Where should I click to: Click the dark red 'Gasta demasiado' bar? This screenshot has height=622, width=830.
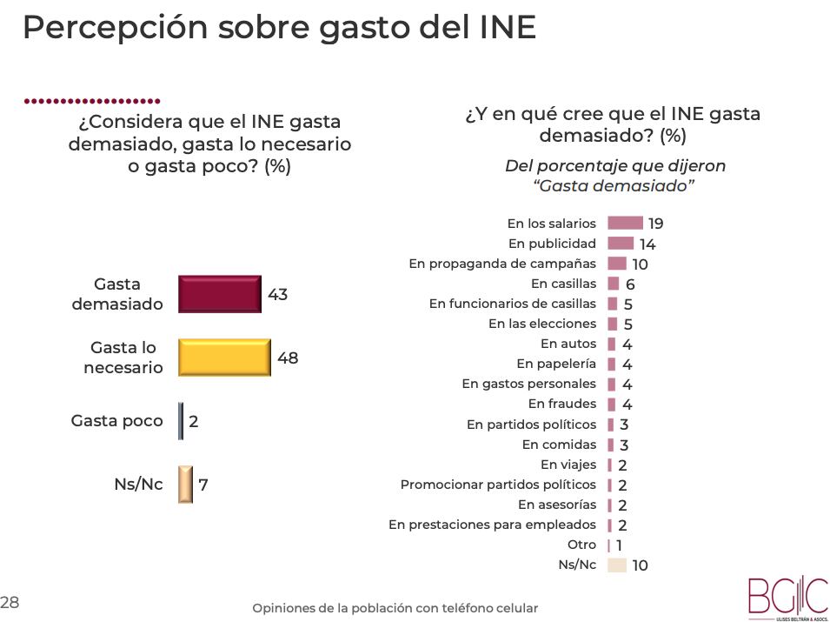point(219,294)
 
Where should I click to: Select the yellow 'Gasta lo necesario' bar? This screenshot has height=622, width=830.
point(224,357)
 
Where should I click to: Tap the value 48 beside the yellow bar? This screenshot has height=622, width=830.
point(288,358)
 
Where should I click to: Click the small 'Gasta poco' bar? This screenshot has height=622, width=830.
point(181,421)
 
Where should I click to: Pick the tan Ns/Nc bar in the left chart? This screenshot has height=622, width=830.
point(185,485)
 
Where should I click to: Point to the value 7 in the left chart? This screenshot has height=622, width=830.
point(203,485)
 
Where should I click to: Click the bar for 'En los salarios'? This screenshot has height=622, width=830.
point(625,224)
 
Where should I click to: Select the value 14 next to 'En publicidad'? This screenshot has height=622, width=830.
point(647,244)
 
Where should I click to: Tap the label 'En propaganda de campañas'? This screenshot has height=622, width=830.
point(502,264)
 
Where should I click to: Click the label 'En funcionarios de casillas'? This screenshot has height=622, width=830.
point(513,304)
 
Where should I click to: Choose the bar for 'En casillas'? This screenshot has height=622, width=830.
point(614,284)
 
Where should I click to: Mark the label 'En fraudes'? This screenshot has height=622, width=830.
point(561,404)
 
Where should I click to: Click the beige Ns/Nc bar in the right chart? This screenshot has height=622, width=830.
point(617,565)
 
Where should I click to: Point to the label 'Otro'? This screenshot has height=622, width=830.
point(581,545)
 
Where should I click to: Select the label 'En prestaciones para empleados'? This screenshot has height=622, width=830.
point(492,525)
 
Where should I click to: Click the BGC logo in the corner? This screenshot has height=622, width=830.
point(787,598)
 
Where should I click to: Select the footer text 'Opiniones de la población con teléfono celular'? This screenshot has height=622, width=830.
point(395,608)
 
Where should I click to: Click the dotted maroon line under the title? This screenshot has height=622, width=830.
point(92,101)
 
